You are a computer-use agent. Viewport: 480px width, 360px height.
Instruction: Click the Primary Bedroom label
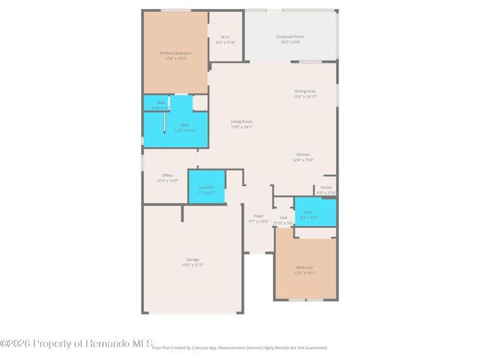(175, 53)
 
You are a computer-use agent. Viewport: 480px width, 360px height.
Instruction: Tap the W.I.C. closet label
(225, 37)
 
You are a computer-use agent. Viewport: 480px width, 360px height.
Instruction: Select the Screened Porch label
(290, 37)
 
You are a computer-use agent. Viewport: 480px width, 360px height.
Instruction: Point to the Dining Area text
(304, 91)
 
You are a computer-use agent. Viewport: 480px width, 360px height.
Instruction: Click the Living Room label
(241, 121)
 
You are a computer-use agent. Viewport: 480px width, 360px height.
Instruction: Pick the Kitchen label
(302, 154)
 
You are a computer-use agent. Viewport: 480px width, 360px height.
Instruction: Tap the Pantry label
(326, 187)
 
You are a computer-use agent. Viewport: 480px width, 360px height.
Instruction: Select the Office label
(167, 175)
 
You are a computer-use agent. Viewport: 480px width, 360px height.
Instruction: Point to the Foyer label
(258, 216)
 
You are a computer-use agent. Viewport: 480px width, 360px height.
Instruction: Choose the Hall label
(283, 217)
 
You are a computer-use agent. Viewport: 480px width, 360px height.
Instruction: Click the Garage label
(192, 259)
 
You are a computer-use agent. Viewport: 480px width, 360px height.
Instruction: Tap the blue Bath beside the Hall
(315, 213)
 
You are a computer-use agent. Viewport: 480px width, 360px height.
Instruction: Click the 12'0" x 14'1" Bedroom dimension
(304, 273)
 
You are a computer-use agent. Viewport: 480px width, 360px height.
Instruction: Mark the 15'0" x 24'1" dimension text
(241, 127)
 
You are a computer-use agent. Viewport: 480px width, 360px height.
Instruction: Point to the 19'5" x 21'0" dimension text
(192, 265)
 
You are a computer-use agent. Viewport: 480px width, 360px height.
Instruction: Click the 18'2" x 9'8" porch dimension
(290, 42)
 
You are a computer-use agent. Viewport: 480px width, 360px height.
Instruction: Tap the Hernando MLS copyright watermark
(76, 343)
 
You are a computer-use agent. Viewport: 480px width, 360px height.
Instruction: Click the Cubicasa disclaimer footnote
(240, 348)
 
